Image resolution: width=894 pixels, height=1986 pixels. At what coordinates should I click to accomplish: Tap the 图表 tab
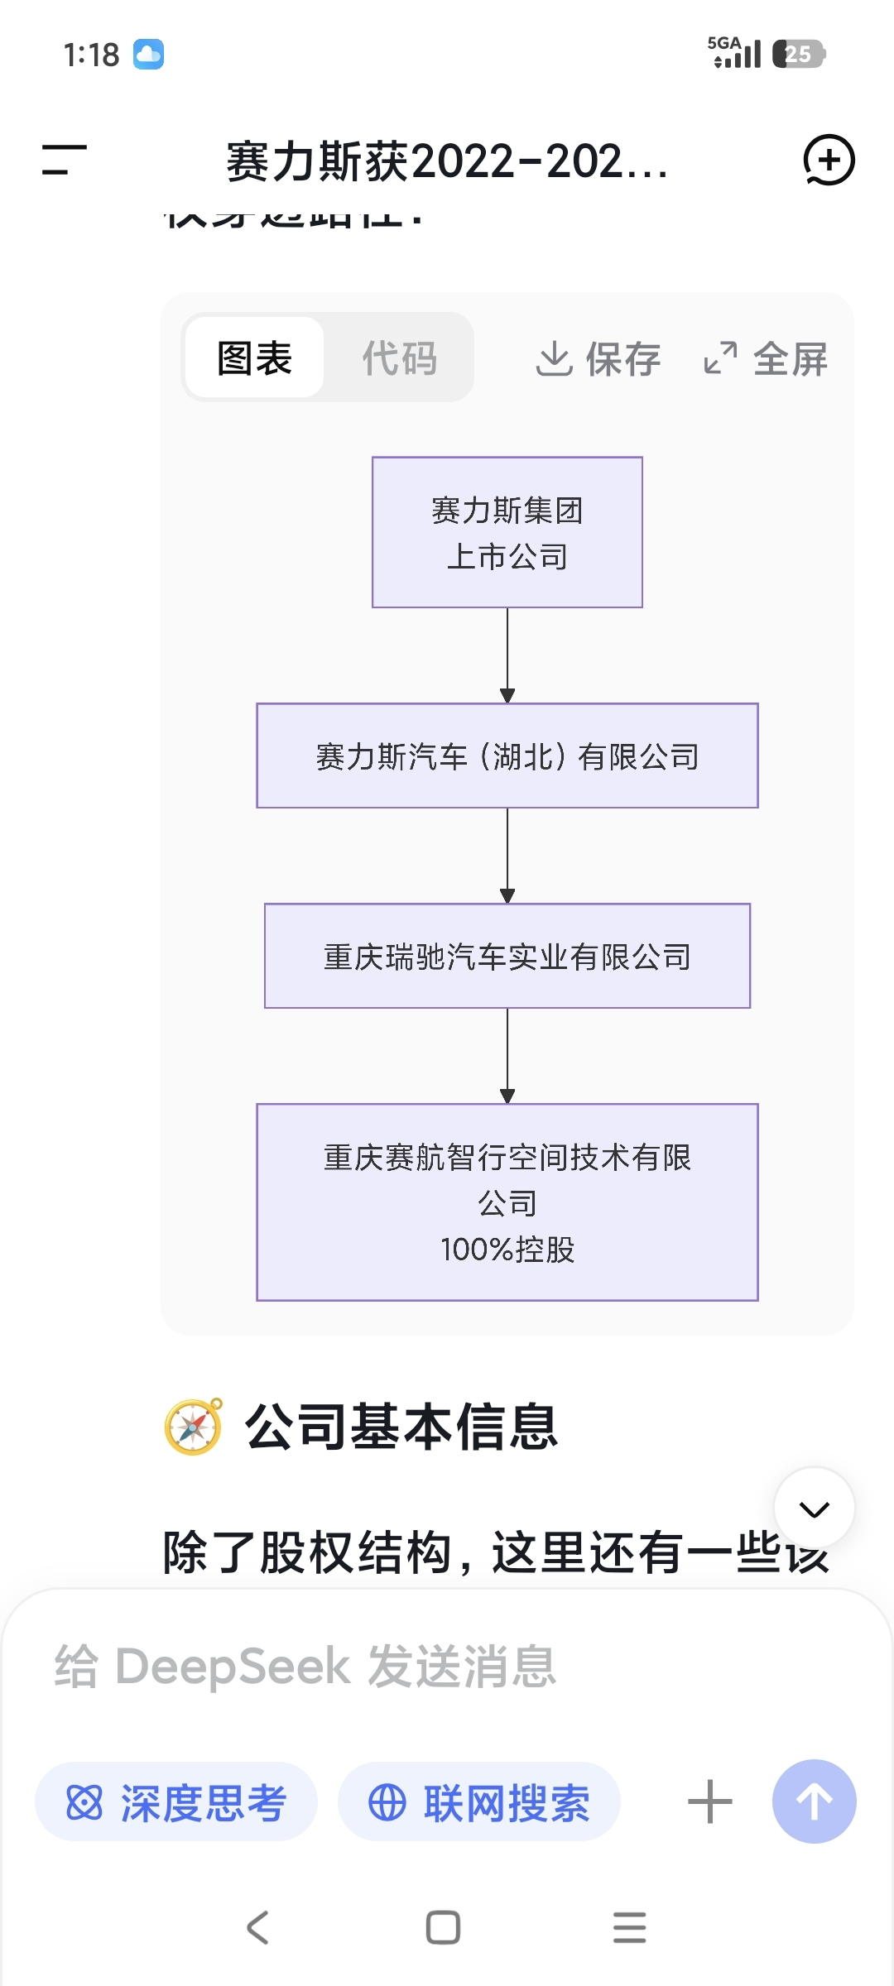254,358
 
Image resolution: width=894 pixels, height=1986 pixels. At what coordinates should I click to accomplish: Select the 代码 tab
399,358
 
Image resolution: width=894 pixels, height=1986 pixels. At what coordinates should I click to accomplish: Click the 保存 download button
598,359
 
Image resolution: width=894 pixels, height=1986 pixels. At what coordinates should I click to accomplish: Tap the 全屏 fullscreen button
766,359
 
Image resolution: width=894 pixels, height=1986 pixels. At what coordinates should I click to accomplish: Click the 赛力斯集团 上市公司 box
507,532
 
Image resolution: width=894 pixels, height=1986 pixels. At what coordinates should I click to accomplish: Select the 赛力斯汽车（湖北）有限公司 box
507,756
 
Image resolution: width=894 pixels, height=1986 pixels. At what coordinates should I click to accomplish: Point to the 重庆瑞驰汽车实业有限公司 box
507,957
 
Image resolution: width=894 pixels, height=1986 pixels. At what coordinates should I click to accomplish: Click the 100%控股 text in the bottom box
507,1250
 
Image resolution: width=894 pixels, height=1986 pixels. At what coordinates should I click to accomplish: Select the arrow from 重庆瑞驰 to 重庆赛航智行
507,1056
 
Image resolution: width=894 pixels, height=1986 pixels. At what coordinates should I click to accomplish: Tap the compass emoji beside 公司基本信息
194,1427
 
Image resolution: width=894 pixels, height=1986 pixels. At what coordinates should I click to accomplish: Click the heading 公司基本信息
401,1427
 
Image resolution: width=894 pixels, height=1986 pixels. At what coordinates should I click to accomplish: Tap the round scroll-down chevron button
815,1509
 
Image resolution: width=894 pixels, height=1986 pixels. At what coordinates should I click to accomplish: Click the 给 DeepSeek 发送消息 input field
447,1667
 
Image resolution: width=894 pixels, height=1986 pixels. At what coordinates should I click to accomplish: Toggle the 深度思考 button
176,1802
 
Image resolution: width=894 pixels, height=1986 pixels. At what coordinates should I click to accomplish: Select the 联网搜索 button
479,1802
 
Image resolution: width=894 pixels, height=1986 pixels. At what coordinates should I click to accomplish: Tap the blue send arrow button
815,1801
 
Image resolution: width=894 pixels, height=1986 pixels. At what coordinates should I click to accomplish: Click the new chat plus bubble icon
829,160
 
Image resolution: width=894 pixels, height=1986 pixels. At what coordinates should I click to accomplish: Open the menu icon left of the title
65,160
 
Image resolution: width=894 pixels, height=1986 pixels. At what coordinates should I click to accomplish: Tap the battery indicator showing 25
798,55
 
